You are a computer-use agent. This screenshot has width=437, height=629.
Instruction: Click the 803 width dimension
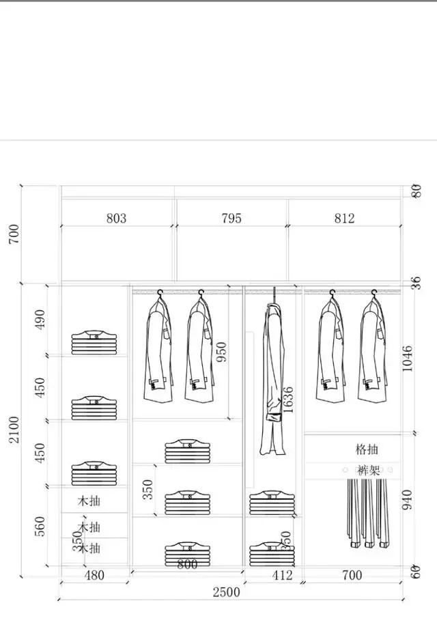coord(116,219)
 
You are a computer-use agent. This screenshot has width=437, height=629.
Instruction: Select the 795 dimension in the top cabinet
coord(231,219)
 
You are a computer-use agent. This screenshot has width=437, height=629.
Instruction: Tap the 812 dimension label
coord(345,219)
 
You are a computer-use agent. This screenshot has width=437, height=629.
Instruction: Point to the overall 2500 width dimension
coord(226,592)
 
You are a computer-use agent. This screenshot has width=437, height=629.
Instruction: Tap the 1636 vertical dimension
coord(288,400)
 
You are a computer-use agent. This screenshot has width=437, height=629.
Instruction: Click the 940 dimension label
coord(408,500)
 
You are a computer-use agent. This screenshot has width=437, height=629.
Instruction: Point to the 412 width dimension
coord(282,576)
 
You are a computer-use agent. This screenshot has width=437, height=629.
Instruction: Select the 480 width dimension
coord(94,576)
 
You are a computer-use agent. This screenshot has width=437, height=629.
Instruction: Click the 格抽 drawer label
coord(367,449)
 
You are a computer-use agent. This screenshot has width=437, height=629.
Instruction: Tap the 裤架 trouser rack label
coord(367,470)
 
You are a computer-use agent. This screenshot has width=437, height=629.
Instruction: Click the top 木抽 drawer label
coord(89,501)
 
